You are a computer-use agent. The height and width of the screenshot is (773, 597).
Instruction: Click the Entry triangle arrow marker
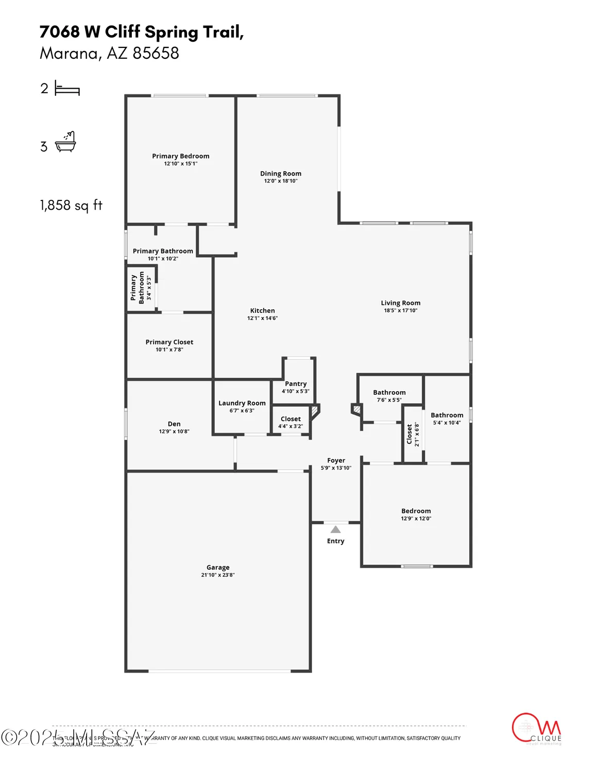[x=335, y=529]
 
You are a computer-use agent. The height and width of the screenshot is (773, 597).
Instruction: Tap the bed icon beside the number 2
[x=67, y=89]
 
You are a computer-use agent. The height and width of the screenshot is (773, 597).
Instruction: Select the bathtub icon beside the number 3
[x=65, y=142]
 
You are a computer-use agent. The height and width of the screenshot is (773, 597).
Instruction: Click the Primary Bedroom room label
[x=180, y=156]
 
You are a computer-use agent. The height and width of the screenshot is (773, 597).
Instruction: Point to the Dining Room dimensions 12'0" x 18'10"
[x=281, y=181]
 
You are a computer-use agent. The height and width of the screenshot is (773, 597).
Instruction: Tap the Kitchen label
[x=262, y=311]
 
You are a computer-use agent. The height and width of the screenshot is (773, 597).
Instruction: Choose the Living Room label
[x=400, y=303]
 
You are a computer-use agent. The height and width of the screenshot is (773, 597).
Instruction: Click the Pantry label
[x=296, y=384]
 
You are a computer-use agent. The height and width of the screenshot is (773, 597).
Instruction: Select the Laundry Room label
[x=242, y=403]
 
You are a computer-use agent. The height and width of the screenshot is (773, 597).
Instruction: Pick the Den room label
[x=174, y=424]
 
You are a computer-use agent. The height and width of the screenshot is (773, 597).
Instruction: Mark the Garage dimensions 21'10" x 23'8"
[x=218, y=575]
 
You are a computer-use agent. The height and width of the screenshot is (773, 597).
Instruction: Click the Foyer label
[x=336, y=461]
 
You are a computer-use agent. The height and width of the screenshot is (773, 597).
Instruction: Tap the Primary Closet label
[x=169, y=342]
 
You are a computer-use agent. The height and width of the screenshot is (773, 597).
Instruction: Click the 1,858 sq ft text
[x=71, y=206]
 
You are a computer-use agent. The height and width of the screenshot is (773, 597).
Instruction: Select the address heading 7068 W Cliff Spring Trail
[x=142, y=32]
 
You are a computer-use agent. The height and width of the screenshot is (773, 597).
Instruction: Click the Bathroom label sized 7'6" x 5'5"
[x=389, y=393]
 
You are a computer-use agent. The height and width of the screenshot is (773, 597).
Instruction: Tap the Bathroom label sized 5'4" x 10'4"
[x=447, y=415]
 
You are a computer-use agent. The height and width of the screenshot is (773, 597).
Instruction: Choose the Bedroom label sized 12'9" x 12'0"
[x=416, y=511]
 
